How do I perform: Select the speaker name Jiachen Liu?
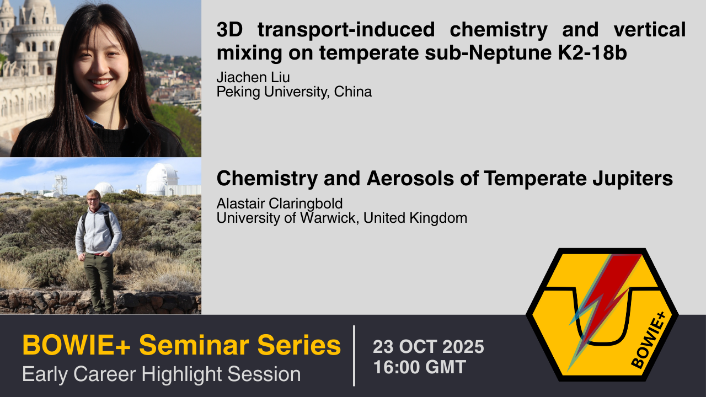[x=253, y=78]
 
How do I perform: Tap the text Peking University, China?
[x=294, y=92]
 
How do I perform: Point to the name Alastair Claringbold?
[x=280, y=204]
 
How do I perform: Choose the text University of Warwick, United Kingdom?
[x=342, y=218]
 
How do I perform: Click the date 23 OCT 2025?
[x=429, y=347]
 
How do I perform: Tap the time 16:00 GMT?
[x=420, y=367]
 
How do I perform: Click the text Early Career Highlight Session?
[x=162, y=374]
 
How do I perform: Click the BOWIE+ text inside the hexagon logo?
[x=648, y=340]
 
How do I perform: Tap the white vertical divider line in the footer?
[x=354, y=356]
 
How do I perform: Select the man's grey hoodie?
[x=98, y=230]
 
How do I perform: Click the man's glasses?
[x=93, y=199]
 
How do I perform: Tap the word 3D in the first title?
[x=230, y=30]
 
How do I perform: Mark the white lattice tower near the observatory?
[x=61, y=185]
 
